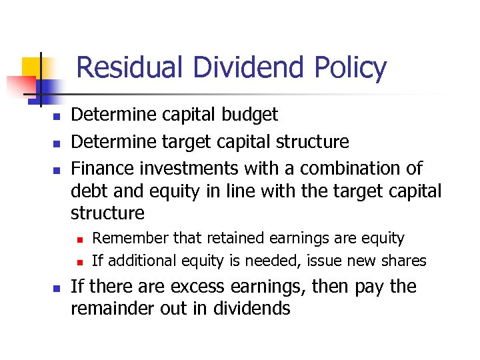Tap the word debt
[88, 191]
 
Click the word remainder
[118, 308]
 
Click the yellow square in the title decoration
[32, 67]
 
